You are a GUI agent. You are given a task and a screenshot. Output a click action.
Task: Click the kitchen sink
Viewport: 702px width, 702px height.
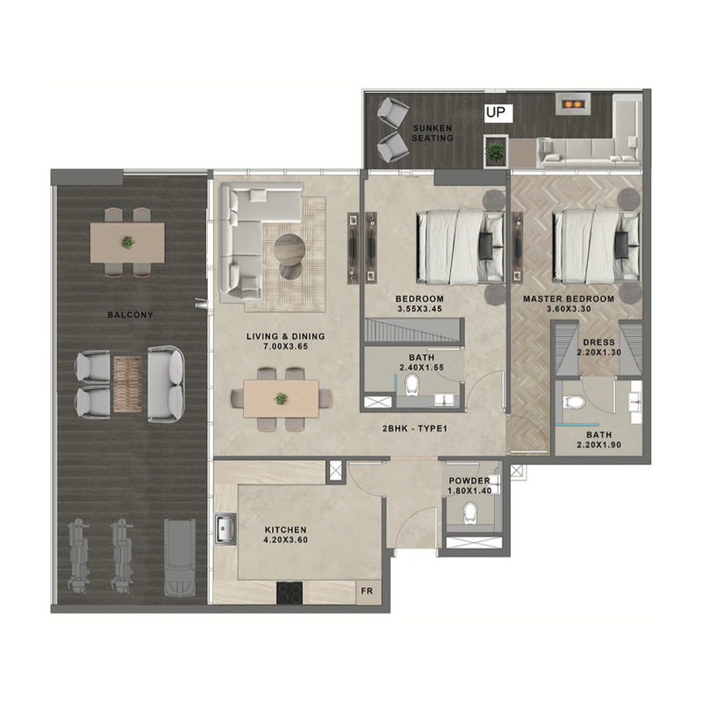[224, 530]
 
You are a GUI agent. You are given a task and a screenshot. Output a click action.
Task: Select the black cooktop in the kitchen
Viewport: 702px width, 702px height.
[290, 593]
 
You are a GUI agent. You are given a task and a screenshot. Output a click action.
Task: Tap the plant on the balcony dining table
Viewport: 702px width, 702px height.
[128, 241]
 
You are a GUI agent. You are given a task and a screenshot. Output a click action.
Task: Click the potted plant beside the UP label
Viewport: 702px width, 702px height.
[497, 151]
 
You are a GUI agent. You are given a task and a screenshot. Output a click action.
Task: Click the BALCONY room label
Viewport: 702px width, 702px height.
[130, 314]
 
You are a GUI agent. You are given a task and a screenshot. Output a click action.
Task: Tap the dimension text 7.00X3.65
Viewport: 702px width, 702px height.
[284, 347]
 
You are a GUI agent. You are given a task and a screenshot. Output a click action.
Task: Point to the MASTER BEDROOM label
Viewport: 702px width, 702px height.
[569, 299]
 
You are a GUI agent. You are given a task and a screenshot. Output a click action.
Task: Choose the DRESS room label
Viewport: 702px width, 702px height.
[598, 342]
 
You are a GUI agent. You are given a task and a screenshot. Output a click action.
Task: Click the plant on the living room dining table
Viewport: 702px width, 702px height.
[281, 398]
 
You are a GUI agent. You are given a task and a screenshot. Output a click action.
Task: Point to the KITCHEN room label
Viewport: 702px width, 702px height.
[286, 530]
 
